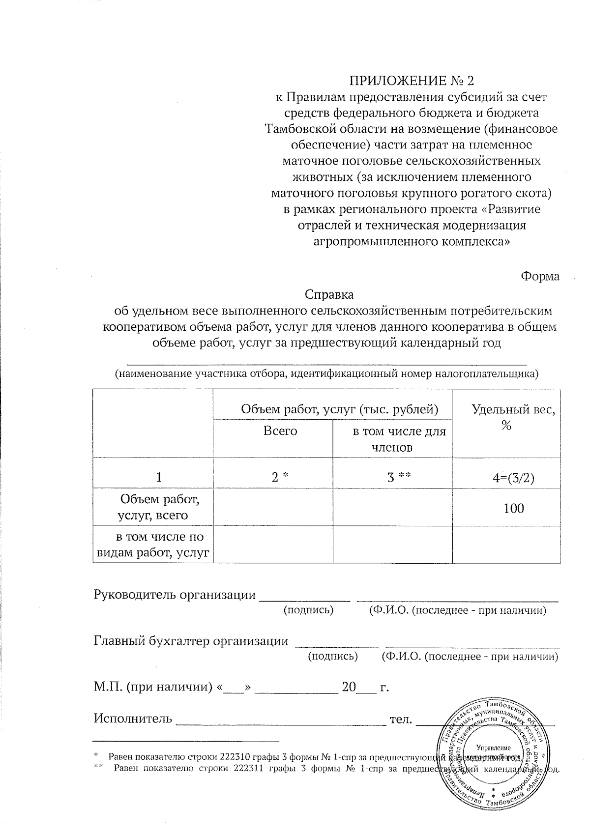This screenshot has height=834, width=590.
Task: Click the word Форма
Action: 540,276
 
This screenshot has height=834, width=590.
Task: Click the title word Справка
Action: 329,295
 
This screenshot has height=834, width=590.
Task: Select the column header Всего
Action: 280,431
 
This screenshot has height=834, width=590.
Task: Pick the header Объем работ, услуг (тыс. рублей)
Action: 339,409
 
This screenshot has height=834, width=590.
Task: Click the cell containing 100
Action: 514,508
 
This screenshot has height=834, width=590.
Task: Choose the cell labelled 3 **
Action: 398,477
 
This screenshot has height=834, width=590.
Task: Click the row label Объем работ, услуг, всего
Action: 153,507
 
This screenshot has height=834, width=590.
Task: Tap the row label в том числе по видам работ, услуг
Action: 153,545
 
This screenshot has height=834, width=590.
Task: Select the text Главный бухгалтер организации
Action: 191,641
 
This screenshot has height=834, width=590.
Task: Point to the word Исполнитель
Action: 133,719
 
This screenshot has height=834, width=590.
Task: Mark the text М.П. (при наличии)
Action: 153,687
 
